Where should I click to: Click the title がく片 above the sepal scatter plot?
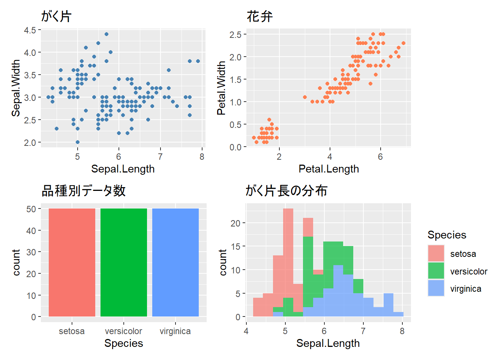click(56, 16)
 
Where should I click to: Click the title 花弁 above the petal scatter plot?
click(259, 16)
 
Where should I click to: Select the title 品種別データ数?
click(83, 191)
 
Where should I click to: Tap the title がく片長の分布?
click(286, 191)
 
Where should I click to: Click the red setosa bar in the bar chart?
click(72, 262)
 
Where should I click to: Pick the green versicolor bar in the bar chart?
click(124, 262)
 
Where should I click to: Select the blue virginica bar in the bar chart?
click(175, 262)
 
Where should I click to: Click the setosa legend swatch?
click(436, 253)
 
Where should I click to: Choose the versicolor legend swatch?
click(436, 271)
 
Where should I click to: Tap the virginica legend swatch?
click(436, 288)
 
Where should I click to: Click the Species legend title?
click(447, 235)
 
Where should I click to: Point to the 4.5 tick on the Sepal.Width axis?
click(30, 30)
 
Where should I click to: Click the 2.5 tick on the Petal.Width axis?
click(235, 34)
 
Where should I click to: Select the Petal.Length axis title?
click(328, 169)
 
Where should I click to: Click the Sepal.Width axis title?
click(16, 88)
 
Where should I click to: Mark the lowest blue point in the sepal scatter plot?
click(78, 142)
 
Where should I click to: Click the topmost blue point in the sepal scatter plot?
click(106, 34)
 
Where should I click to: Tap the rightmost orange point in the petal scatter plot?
click(403, 43)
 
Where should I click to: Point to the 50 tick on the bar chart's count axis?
click(31, 209)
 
